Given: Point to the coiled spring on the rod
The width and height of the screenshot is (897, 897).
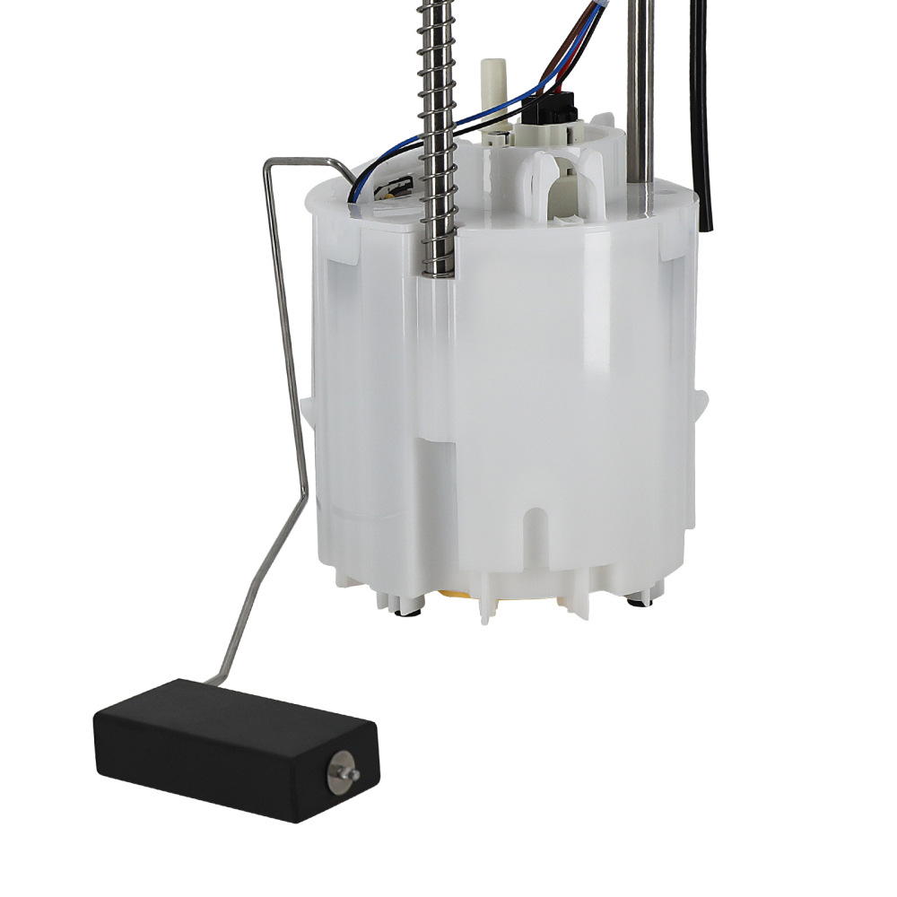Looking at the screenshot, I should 439,135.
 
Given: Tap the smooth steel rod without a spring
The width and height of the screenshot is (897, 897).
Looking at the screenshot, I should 640,90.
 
